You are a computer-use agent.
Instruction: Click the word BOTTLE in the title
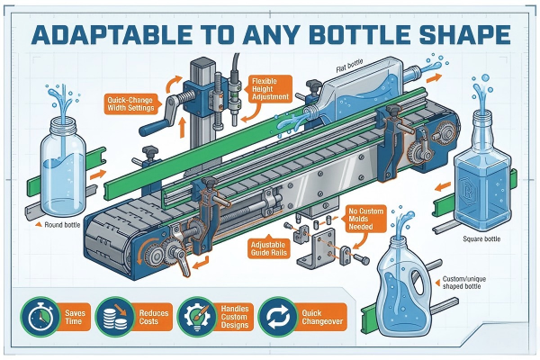[359, 34]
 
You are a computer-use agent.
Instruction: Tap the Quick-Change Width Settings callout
[130, 104]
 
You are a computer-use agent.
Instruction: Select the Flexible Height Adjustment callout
[270, 89]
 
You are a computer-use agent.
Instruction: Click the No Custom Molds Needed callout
[364, 219]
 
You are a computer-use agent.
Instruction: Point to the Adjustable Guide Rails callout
[268, 248]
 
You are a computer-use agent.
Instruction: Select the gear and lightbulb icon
[196, 317]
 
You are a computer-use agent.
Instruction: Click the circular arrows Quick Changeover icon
[278, 317]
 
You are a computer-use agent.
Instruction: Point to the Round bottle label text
[62, 225]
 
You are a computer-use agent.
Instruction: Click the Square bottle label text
[481, 238]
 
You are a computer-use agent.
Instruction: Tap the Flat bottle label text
[349, 66]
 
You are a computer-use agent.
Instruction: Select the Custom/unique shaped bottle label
[463, 283]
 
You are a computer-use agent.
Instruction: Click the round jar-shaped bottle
[63, 166]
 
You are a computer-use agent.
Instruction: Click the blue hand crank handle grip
[154, 128]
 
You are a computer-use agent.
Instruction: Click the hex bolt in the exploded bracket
[362, 259]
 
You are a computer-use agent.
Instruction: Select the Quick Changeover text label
[322, 318]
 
